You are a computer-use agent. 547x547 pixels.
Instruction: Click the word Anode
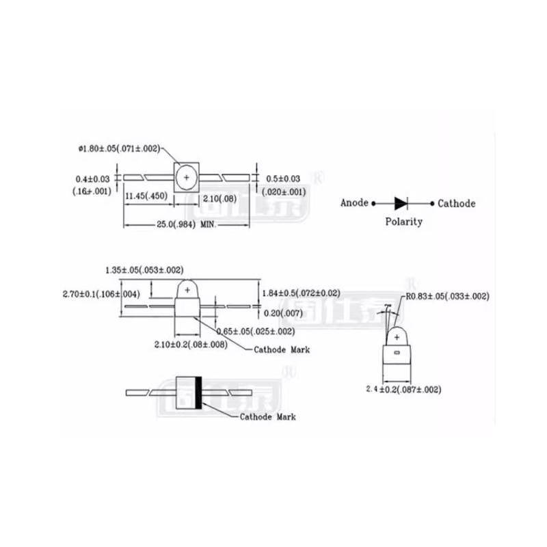click(x=354, y=203)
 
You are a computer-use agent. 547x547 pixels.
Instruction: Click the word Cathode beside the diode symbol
click(x=456, y=203)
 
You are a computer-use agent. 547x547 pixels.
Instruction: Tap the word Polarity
click(x=403, y=222)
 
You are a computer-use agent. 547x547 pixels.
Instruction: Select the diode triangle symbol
click(x=401, y=203)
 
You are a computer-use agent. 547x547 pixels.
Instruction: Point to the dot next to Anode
click(x=374, y=203)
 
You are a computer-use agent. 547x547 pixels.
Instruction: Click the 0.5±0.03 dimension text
click(x=282, y=179)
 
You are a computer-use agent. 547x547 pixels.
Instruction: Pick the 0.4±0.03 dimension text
click(x=92, y=179)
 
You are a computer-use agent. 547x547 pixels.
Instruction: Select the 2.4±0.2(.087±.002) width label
click(x=403, y=389)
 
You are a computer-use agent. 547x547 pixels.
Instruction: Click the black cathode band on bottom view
click(x=199, y=392)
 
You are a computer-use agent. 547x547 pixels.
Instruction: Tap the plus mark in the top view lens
click(x=187, y=177)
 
